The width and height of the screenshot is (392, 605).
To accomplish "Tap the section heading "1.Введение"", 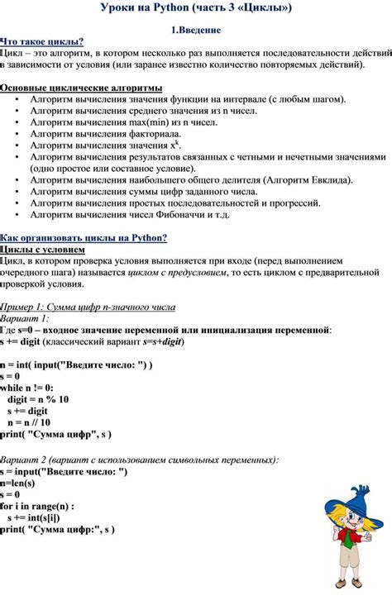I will tap(195, 30).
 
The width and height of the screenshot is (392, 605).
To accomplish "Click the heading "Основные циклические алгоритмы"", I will tap(81, 88).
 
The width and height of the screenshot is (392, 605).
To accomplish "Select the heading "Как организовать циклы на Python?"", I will tap(84, 238).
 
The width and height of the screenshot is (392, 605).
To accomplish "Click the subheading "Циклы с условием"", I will tap(43, 249).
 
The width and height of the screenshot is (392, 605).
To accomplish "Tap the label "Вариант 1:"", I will tap(25, 318).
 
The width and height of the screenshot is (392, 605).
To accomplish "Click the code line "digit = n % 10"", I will tap(38, 398).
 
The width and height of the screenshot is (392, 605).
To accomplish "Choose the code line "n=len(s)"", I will tap(19, 483).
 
